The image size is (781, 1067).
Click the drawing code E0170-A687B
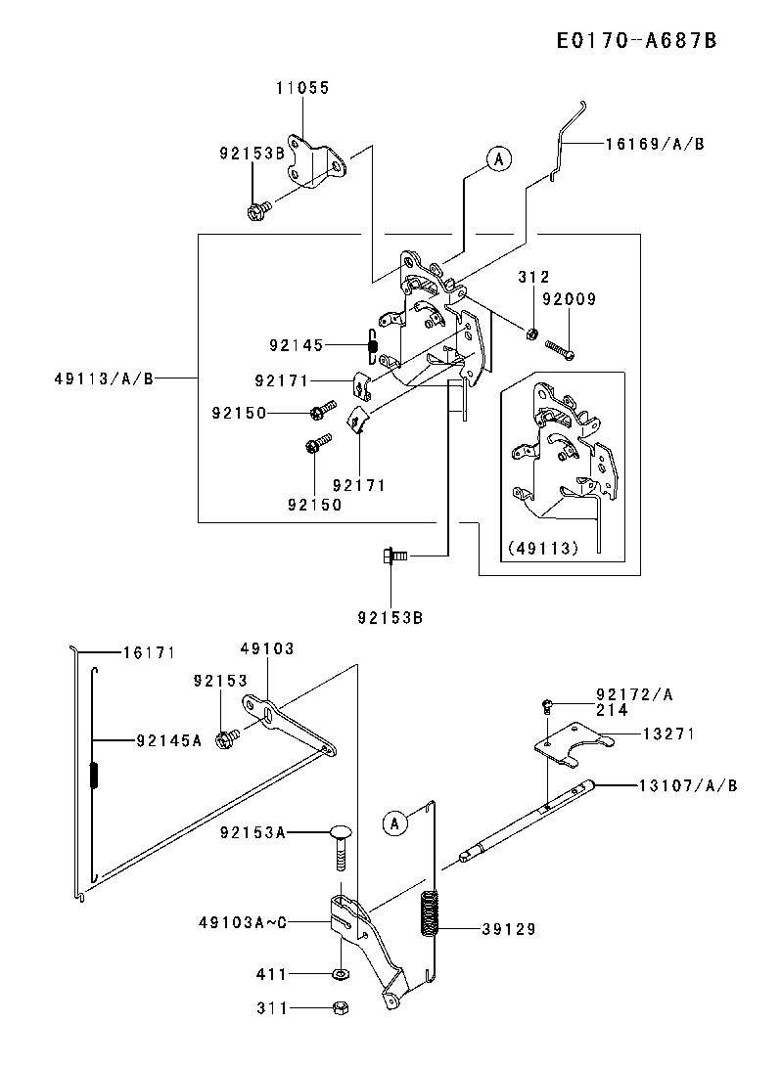click(x=637, y=41)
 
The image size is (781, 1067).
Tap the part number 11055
click(x=302, y=88)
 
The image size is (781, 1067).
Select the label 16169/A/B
click(x=655, y=145)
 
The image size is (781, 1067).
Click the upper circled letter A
click(x=499, y=159)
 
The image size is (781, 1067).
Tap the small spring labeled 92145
click(x=373, y=344)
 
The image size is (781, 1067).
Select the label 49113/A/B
click(x=104, y=378)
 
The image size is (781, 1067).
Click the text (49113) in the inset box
click(x=543, y=549)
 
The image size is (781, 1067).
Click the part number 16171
click(x=149, y=653)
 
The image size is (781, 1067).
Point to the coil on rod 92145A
click(x=94, y=775)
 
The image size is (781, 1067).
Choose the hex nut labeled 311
click(x=342, y=1007)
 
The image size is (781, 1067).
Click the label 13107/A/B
click(x=688, y=786)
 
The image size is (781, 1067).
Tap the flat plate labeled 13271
click(x=573, y=745)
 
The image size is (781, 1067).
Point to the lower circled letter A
click(x=395, y=823)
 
